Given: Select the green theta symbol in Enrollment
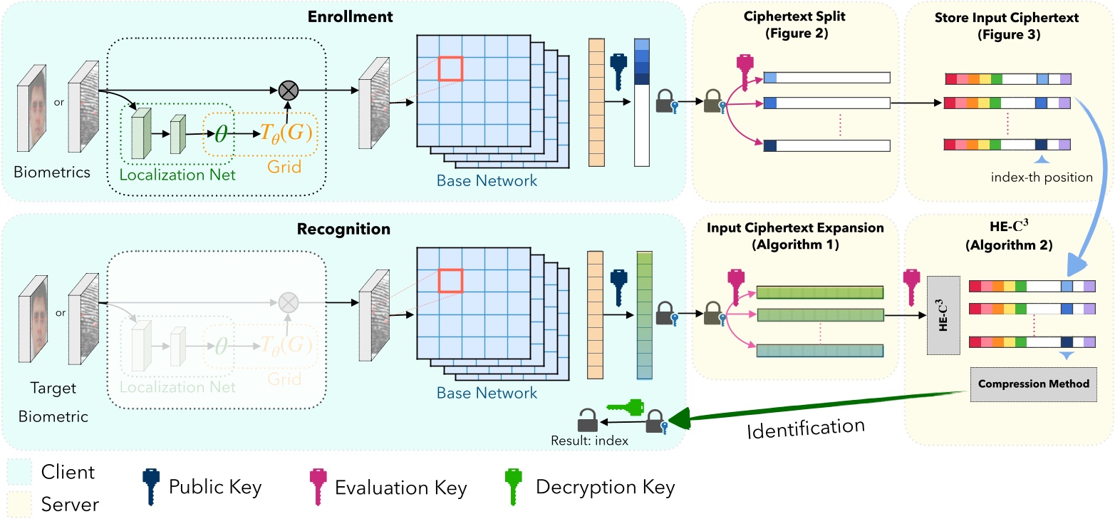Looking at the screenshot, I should tap(222, 133).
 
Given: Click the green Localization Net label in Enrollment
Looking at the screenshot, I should tap(177, 174).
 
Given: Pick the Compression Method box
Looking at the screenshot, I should tap(1033, 384).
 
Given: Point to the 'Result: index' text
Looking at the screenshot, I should tap(589, 441).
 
